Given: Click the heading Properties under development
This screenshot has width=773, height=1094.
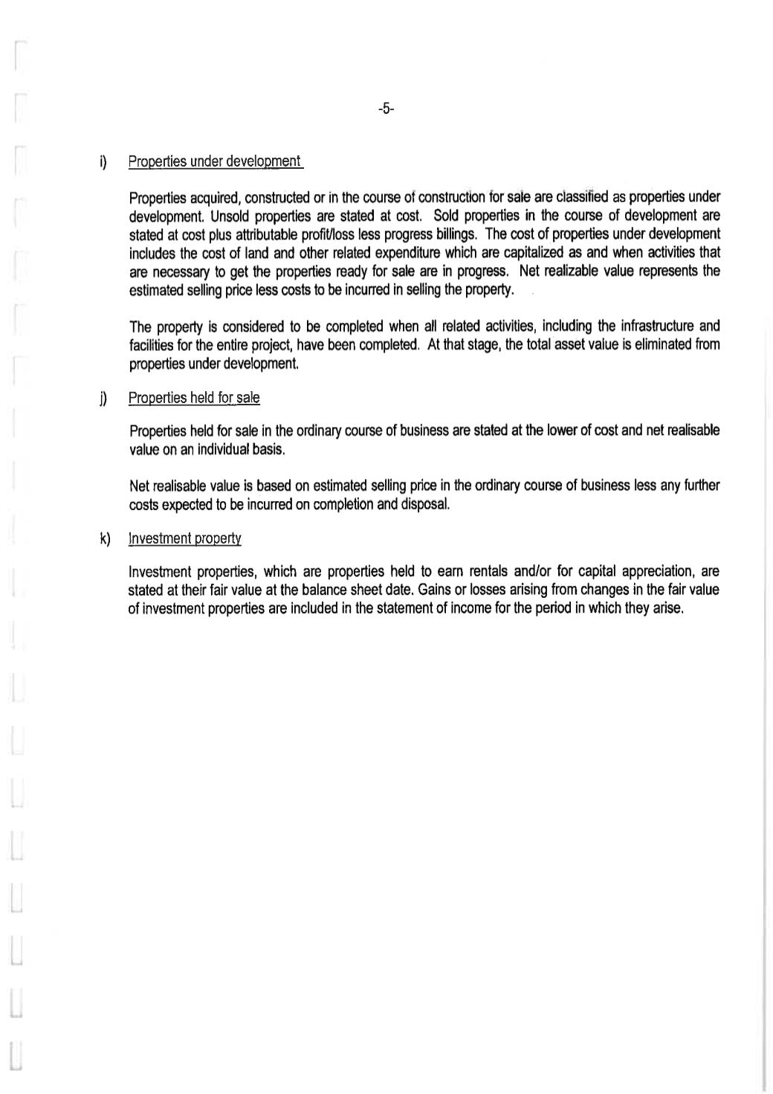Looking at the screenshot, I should coord(215,161).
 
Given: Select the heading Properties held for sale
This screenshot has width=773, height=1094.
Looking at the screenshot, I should coord(194,398).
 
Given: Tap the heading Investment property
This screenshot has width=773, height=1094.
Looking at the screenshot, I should coord(184,538).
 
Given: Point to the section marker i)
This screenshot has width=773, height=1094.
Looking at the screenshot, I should coord(104,161).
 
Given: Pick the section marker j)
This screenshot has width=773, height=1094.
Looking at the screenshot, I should coord(104,399).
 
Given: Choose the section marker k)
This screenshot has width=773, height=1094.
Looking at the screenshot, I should coord(104,538).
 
